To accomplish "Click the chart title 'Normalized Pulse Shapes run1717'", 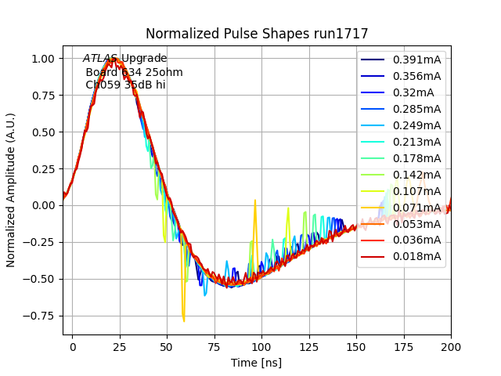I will point(256,34).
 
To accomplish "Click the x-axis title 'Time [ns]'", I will point(256,363).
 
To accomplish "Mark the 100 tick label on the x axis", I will point(261,346).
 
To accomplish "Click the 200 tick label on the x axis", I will point(450,346).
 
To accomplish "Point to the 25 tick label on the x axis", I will point(120,346).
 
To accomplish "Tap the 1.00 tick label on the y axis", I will point(43,59).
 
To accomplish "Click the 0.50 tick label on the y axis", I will point(43,132).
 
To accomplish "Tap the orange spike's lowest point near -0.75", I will point(184,320).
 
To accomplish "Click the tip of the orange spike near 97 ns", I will point(255,201).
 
